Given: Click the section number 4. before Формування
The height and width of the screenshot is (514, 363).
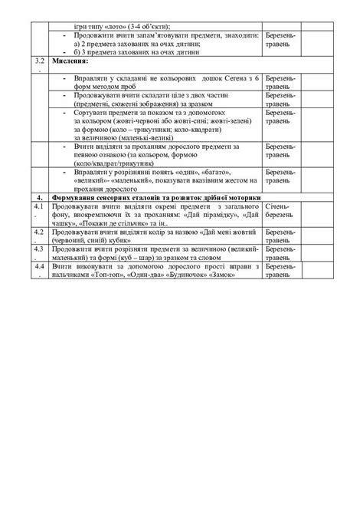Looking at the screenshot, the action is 44,197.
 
